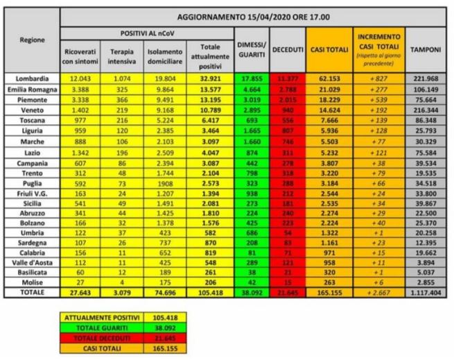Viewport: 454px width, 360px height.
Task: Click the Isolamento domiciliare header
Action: pyautogui.click(x=165, y=55)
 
